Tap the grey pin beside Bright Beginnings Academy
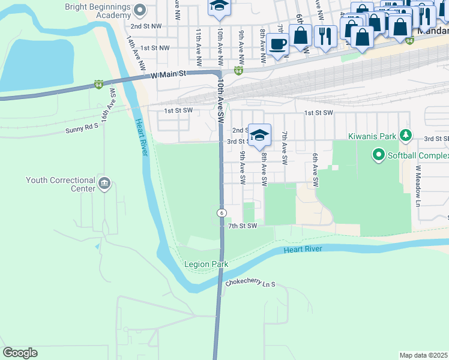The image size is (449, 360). [140, 10]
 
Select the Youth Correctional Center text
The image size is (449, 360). [60, 184]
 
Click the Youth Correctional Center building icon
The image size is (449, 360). [105, 183]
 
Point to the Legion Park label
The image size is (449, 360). [205, 264]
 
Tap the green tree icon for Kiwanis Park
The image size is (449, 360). [406, 136]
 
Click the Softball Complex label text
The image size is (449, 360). [418, 156]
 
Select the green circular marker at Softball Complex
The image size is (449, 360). [378, 156]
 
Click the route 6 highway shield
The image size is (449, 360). [221, 213]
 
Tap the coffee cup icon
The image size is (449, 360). [277, 44]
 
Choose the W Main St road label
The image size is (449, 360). [169, 74]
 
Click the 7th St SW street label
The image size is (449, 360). [243, 226]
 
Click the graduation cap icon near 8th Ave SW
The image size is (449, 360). [259, 135]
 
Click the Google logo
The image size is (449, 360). [20, 353]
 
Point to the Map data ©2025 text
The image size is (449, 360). [423, 355]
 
